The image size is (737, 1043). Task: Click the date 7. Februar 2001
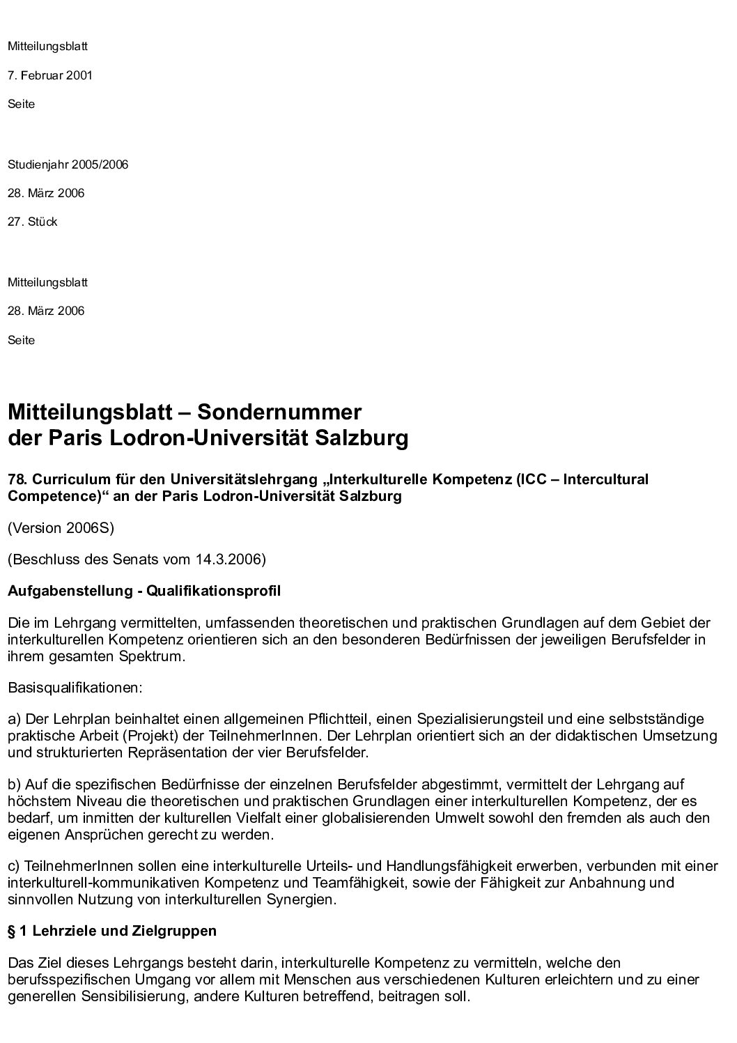click(50, 75)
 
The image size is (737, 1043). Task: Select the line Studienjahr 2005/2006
click(68, 165)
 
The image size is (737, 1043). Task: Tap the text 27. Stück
click(33, 222)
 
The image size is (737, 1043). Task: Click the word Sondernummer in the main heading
click(279, 412)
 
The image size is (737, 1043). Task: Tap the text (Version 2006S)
click(61, 528)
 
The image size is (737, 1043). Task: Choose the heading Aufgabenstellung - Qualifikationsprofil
click(144, 592)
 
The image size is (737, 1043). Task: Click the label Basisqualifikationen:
click(75, 688)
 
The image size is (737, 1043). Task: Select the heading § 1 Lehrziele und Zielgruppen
click(112, 932)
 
